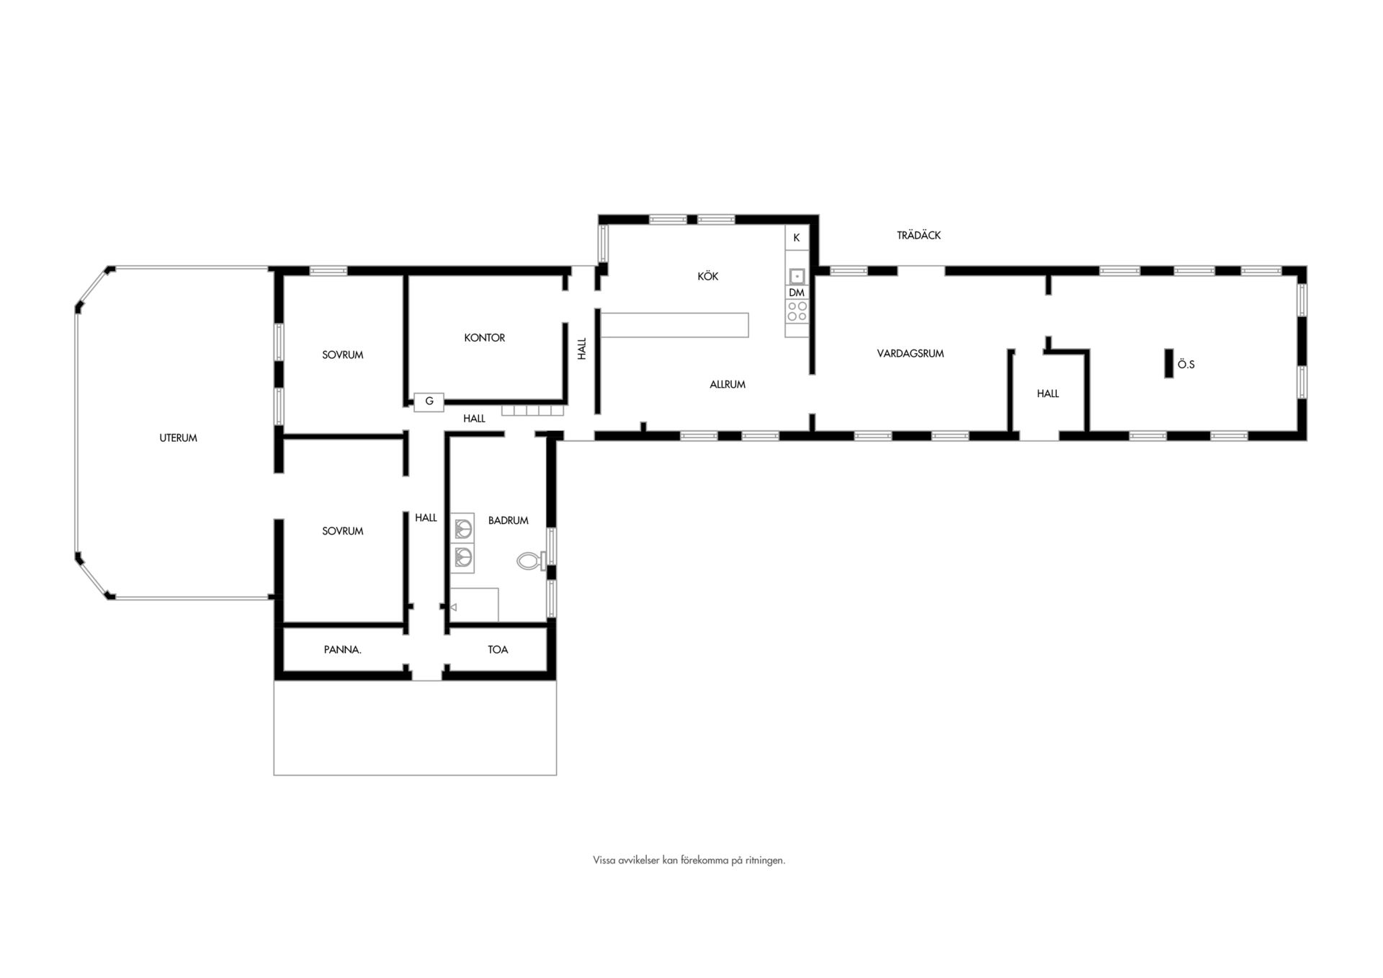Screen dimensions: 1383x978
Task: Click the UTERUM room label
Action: pyautogui.click(x=178, y=437)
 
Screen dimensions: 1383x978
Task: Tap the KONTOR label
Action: pyautogui.click(x=484, y=337)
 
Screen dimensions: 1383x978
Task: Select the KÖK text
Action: pyautogui.click(x=707, y=276)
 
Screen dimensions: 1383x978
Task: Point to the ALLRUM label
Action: pyautogui.click(x=727, y=384)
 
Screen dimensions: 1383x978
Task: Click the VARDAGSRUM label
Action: pyautogui.click(x=910, y=353)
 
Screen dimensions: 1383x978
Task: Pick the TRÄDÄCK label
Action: pyautogui.click(x=918, y=235)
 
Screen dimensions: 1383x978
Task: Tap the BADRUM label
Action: pyautogui.click(x=508, y=520)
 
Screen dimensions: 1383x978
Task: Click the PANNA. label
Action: pyautogui.click(x=342, y=649)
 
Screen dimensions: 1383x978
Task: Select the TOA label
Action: pyautogui.click(x=498, y=649)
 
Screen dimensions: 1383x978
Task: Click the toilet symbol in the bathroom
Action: pyautogui.click(x=531, y=560)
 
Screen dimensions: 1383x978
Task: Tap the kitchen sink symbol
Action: pyautogui.click(x=797, y=276)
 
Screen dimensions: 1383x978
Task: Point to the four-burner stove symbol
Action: pyautogui.click(x=797, y=311)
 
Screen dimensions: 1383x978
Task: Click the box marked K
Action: pyautogui.click(x=797, y=238)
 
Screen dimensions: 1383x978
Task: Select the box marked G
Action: pyautogui.click(x=429, y=401)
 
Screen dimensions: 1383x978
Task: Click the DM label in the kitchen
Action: pyautogui.click(x=796, y=293)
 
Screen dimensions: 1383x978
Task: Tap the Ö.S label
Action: pyautogui.click(x=1186, y=365)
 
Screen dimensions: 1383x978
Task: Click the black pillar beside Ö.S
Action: pyautogui.click(x=1169, y=363)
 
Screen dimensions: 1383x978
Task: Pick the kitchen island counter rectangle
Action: pyautogui.click(x=675, y=325)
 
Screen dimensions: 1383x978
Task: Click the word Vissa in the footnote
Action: pyautogui.click(x=604, y=860)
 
